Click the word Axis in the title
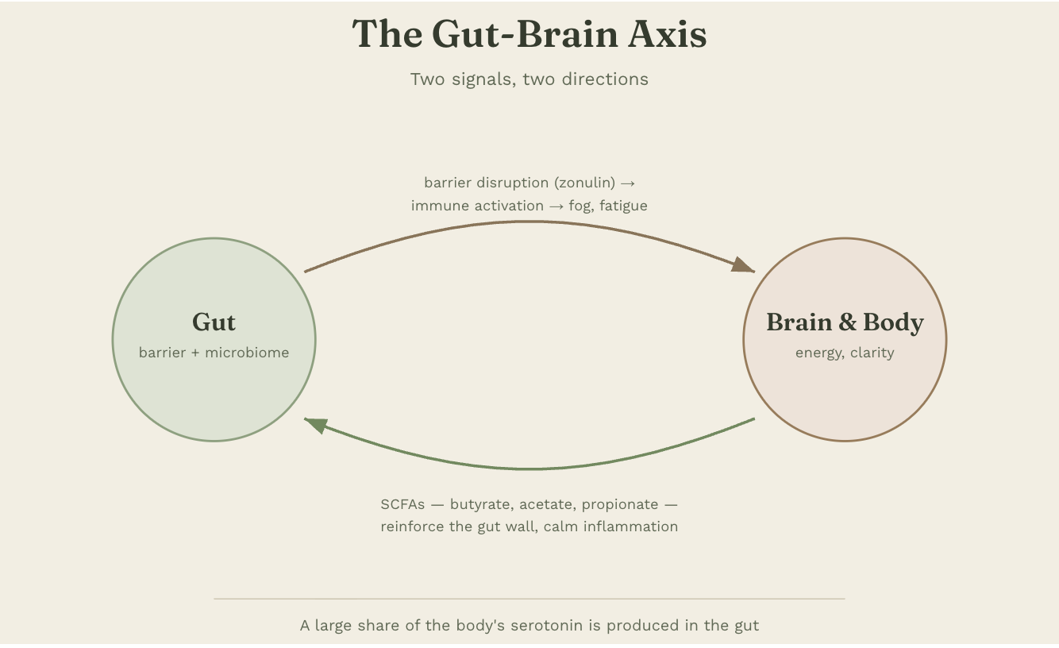[x=667, y=34]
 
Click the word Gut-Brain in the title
[x=525, y=34]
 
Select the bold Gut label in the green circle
[x=214, y=322]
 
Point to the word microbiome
[x=247, y=353]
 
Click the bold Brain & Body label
[x=845, y=322]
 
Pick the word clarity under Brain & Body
[x=872, y=353]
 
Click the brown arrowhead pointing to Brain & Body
[x=743, y=265]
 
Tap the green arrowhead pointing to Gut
[x=317, y=425]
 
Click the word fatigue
[x=623, y=206]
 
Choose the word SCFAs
[x=402, y=505]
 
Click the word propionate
[x=620, y=505]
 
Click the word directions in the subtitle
[x=605, y=79]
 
